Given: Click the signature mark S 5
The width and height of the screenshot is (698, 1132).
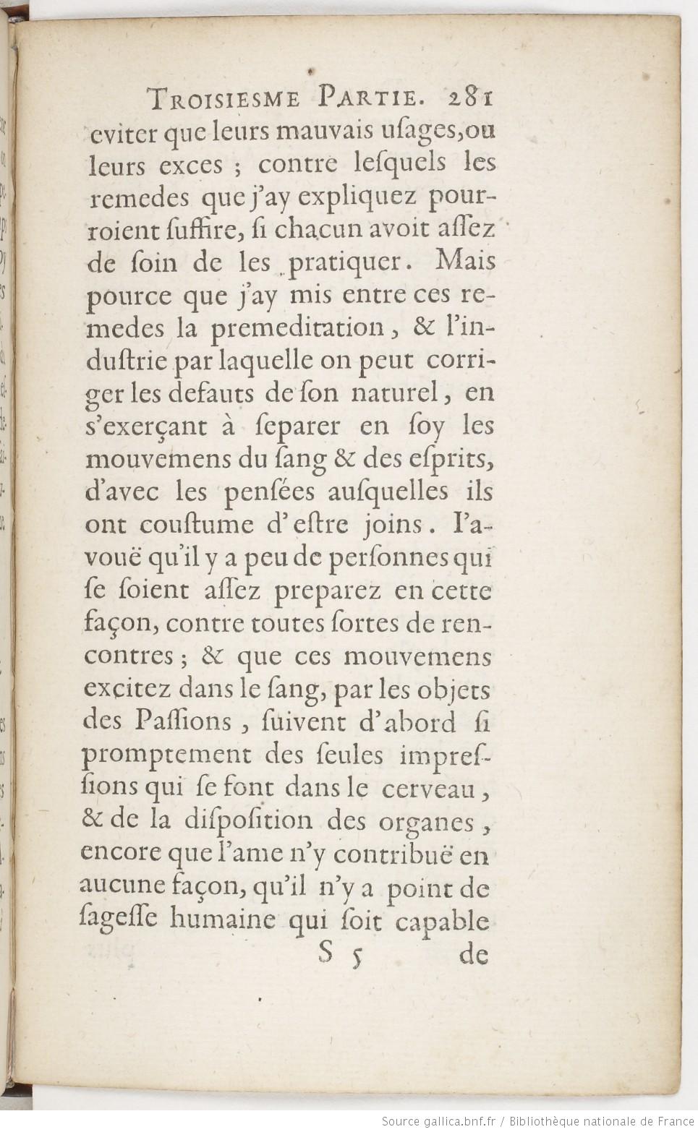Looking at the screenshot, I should point(333,955).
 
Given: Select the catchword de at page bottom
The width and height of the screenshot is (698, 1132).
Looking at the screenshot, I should point(474,955).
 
